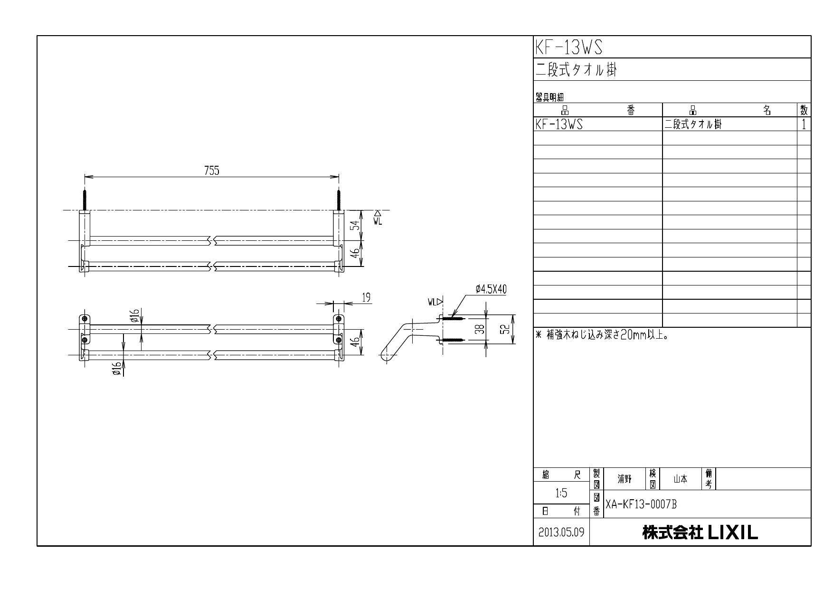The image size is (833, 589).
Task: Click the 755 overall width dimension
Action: pyautogui.click(x=211, y=171)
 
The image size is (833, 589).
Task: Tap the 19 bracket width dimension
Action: pyautogui.click(x=366, y=297)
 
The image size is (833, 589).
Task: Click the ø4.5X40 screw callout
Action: pyautogui.click(x=491, y=289)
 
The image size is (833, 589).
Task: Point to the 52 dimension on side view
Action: pyautogui.click(x=507, y=329)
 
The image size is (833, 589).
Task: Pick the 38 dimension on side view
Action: pyautogui.click(x=481, y=329)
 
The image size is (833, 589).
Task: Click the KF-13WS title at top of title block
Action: pyautogui.click(x=568, y=47)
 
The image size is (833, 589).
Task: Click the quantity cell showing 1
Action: pyautogui.click(x=804, y=124)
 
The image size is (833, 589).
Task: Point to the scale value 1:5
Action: pyautogui.click(x=561, y=494)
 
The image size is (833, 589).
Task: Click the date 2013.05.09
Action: pyautogui.click(x=561, y=532)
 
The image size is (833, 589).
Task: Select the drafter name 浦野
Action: pyautogui.click(x=624, y=479)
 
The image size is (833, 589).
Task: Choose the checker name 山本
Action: pyautogui.click(x=680, y=479)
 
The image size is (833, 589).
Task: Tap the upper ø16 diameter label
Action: pyautogui.click(x=135, y=315)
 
